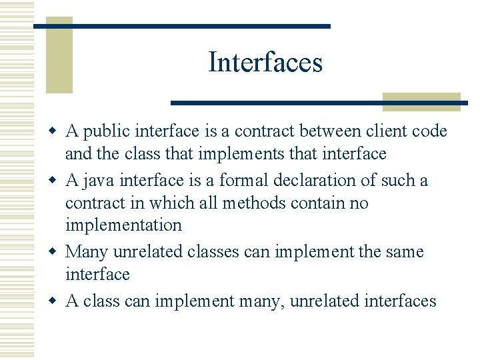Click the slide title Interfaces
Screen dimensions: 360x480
(x=265, y=63)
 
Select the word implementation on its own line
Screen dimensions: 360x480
(x=123, y=225)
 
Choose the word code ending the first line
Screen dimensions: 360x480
(x=430, y=132)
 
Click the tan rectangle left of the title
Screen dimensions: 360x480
(x=59, y=57)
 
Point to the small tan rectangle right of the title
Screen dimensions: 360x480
(x=421, y=101)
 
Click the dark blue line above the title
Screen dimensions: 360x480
(x=181, y=26)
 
